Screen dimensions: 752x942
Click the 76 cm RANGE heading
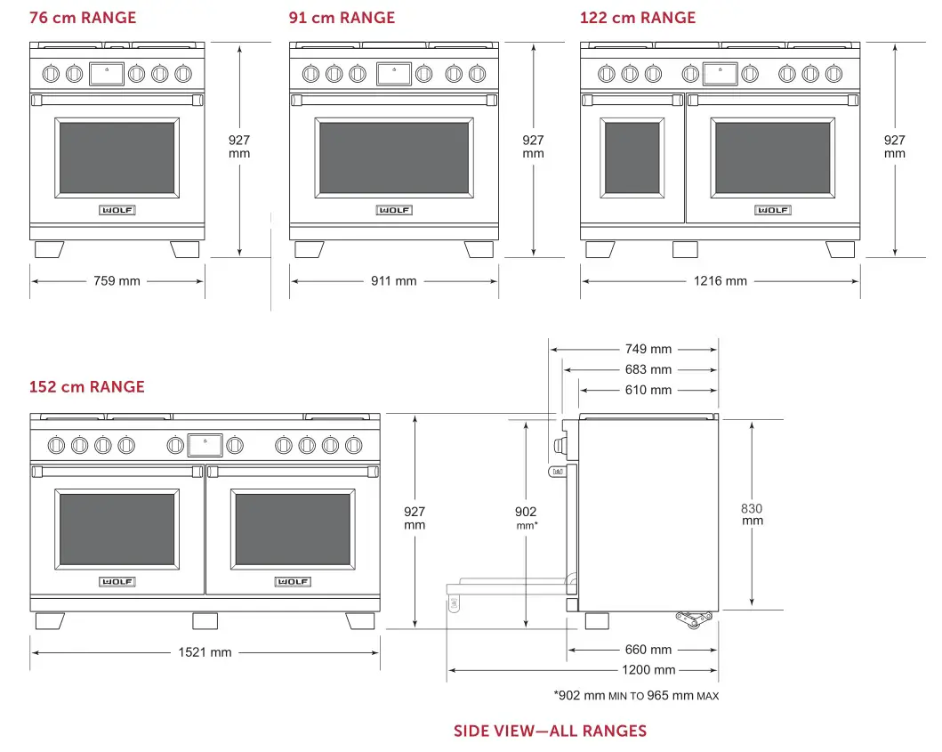pos(83,18)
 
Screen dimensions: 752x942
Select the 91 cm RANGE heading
pos(342,18)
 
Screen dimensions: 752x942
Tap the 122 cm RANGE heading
pos(638,18)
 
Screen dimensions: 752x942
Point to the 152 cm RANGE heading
pos(86,387)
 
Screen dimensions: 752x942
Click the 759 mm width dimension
pos(117,281)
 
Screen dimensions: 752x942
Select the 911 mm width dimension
pos(393,281)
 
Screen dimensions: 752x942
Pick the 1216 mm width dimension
pos(720,281)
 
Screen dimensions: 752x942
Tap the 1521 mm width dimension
pos(205,652)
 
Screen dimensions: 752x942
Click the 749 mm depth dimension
pos(648,349)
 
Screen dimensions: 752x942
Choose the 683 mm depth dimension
pos(648,369)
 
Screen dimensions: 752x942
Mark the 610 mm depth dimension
pos(648,390)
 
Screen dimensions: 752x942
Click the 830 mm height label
pos(752,514)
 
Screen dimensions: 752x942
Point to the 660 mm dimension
pos(648,650)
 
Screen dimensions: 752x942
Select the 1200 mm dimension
pos(648,670)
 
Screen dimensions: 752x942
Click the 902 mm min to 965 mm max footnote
pos(635,695)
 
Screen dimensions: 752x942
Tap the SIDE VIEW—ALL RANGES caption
pos(550,732)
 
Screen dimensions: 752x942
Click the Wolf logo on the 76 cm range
pos(117,210)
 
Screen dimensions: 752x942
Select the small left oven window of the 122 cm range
pos(632,158)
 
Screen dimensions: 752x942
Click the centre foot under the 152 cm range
pos(205,621)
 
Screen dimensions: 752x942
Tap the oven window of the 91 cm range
pos(393,158)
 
